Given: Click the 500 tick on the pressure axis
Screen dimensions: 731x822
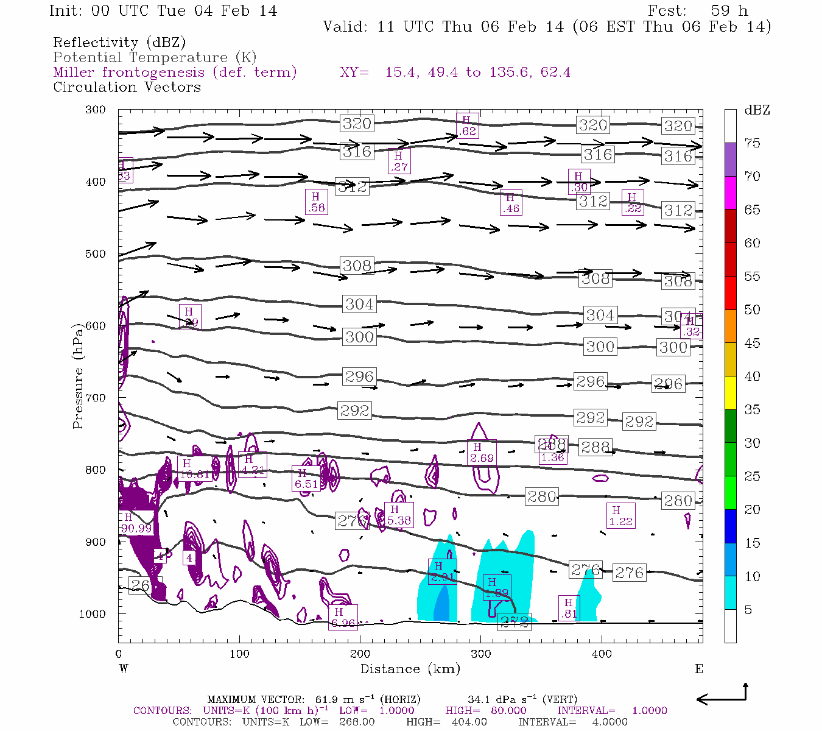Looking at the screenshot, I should pyautogui.click(x=96, y=254).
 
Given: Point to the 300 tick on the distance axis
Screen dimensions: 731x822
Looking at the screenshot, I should pyautogui.click(x=481, y=654).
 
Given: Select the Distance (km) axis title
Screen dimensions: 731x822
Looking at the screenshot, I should pyautogui.click(x=410, y=669).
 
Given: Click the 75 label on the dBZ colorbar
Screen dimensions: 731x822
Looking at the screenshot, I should pyautogui.click(x=752, y=143).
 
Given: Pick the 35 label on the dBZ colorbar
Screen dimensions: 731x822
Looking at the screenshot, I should pyautogui.click(x=752, y=409).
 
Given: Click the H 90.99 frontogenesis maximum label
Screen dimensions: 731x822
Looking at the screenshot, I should pyautogui.click(x=136, y=523).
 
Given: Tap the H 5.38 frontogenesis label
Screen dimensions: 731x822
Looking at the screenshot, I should pyautogui.click(x=399, y=515).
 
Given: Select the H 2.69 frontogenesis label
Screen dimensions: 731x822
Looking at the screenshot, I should pyautogui.click(x=482, y=453).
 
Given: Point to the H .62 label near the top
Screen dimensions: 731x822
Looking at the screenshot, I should pyautogui.click(x=467, y=126).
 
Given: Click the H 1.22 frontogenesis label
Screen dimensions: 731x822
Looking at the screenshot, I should pyautogui.click(x=620, y=516).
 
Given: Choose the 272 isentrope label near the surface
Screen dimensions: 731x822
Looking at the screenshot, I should pyautogui.click(x=515, y=622).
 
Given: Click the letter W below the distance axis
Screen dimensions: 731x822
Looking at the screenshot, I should pyautogui.click(x=123, y=669).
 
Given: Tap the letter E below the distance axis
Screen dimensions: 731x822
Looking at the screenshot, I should pyautogui.click(x=699, y=669).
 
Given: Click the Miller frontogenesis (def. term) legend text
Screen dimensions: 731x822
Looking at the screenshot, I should pyautogui.click(x=175, y=72).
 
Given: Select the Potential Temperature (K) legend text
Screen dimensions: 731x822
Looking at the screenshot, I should pyautogui.click(x=155, y=58).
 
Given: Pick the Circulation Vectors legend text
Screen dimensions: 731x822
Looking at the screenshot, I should pyautogui.click(x=127, y=87).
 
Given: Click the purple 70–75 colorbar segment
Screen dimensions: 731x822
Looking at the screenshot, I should pyautogui.click(x=730, y=160).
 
